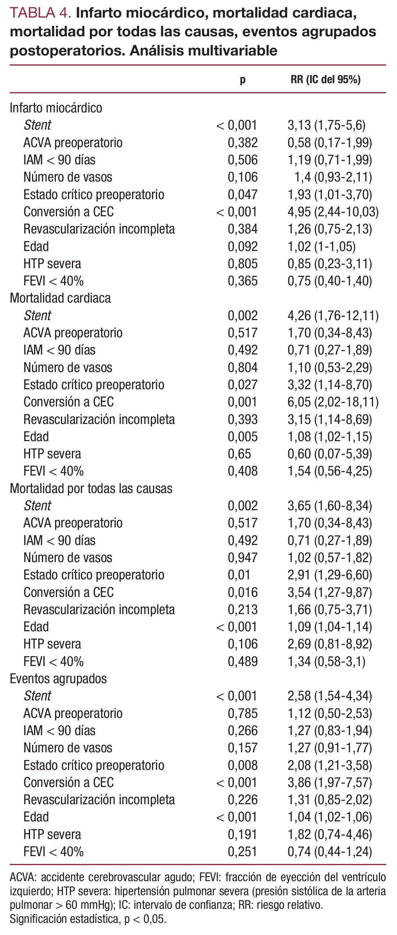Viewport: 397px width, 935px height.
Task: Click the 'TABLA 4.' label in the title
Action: pyautogui.click(x=40, y=13)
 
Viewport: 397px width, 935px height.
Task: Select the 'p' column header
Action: pyautogui.click(x=243, y=80)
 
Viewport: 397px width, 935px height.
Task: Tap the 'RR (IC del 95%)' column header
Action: pyautogui.click(x=325, y=80)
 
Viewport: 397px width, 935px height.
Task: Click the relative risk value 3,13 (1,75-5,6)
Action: pyautogui.click(x=326, y=125)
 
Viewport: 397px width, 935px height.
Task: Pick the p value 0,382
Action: pyautogui.click(x=243, y=142)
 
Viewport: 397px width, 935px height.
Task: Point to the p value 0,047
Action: pyautogui.click(x=243, y=194)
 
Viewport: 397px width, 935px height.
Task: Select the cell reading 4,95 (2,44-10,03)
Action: pyautogui.click(x=333, y=212)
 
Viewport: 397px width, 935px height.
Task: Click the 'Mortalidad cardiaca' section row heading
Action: pyautogui.click(x=60, y=298)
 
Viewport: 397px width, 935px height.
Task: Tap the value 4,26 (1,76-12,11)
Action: pyautogui.click(x=333, y=315)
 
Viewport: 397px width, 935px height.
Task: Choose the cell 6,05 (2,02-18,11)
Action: pyautogui.click(x=333, y=402)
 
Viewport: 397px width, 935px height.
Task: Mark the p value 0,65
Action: pyautogui.click(x=239, y=454)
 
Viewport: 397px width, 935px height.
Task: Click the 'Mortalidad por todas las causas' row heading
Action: pyautogui.click(x=91, y=488)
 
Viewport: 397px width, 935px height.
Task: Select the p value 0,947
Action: pyautogui.click(x=243, y=557)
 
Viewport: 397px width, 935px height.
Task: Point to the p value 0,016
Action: pyautogui.click(x=243, y=592)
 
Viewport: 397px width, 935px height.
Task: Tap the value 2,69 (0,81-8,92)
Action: pyautogui.click(x=330, y=644)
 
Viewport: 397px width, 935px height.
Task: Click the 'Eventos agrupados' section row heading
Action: pyautogui.click(x=58, y=679)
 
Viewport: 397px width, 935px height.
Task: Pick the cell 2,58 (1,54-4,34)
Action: pyautogui.click(x=330, y=696)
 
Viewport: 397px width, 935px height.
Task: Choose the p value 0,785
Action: pyautogui.click(x=243, y=713)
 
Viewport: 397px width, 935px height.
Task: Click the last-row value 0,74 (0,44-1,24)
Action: pyautogui.click(x=330, y=851)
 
